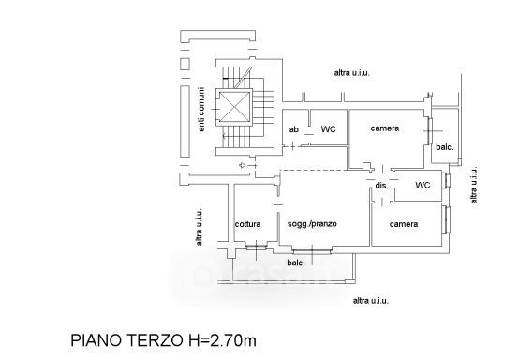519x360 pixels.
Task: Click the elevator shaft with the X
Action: [x=234, y=107]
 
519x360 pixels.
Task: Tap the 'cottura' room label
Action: [x=247, y=224]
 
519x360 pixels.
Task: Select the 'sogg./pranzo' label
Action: [x=312, y=224]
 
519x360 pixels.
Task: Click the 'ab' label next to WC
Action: [x=293, y=129]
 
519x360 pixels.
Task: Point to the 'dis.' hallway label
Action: [x=381, y=186]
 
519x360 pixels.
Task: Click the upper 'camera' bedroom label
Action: [x=385, y=128]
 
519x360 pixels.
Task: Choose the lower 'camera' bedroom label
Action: [x=404, y=224]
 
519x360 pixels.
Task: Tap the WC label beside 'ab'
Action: [x=328, y=129]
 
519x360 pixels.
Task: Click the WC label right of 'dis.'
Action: [x=423, y=185]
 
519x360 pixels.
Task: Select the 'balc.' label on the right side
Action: [x=445, y=147]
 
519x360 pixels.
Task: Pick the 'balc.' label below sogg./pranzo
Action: [x=296, y=262]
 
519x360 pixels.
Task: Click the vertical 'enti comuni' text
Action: [x=201, y=110]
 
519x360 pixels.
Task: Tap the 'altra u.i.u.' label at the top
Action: [x=352, y=73]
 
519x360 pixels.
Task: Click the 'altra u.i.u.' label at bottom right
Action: [x=371, y=301]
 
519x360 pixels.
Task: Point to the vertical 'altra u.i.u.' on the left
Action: [x=199, y=227]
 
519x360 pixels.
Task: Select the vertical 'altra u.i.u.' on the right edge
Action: [x=474, y=185]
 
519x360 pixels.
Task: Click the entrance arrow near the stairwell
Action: [x=243, y=165]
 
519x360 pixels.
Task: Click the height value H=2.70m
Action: [x=220, y=340]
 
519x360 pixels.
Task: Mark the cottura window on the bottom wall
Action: [x=257, y=247]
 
